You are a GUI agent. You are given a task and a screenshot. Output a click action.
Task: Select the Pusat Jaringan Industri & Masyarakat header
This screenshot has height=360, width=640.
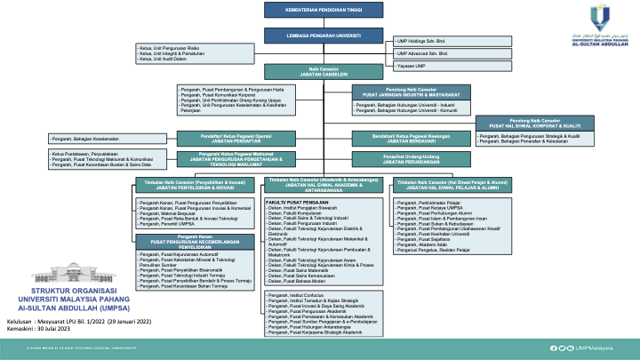click(x=410, y=92)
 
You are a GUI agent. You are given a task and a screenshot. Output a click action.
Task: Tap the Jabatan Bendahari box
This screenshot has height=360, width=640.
click(x=410, y=139)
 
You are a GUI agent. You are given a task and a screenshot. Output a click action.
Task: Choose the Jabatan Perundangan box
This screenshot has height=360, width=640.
click(x=410, y=159)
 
